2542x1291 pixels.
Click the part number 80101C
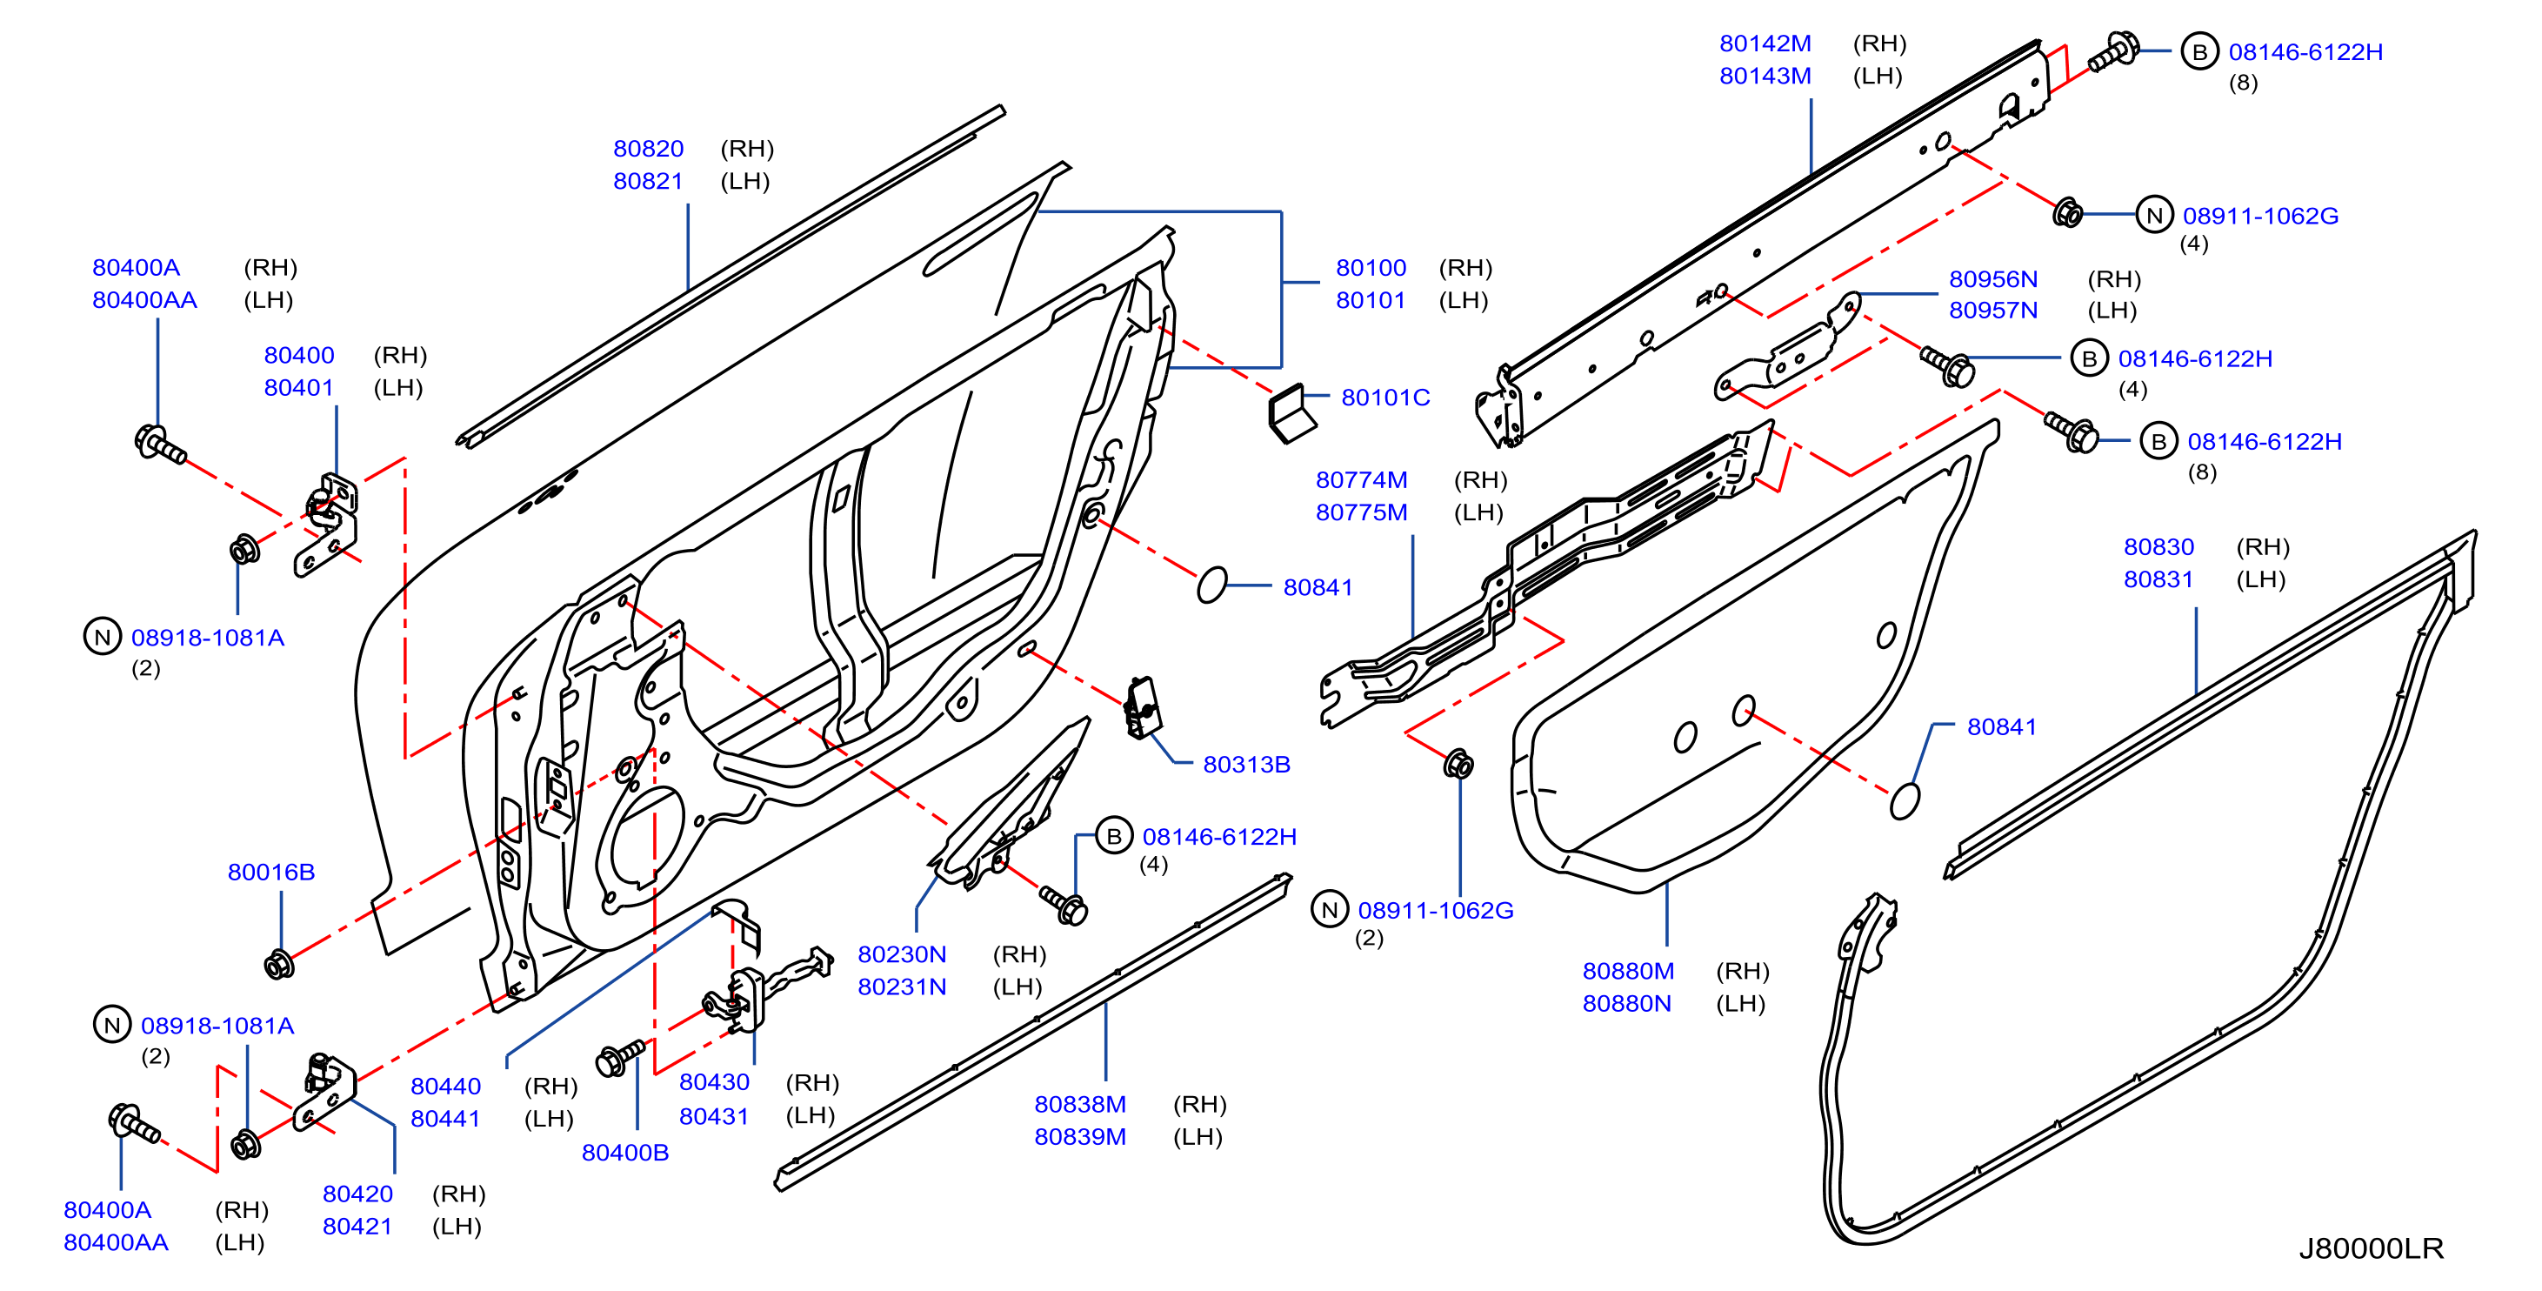tap(1384, 398)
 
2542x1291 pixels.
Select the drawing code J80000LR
tap(2371, 1248)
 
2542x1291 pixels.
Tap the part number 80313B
tap(1246, 765)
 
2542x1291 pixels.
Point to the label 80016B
tap(271, 873)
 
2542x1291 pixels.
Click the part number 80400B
tap(624, 1153)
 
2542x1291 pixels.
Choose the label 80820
tap(649, 149)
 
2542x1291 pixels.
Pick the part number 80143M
tap(1765, 76)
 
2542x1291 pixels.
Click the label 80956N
tap(1992, 279)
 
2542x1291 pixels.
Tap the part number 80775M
tap(1361, 512)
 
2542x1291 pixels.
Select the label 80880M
tap(1628, 971)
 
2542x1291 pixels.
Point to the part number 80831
tap(2158, 579)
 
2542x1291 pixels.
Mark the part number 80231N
tap(902, 987)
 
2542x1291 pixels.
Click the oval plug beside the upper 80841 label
tap(1211, 585)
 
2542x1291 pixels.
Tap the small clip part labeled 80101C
tap(1291, 415)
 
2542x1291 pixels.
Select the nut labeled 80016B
tap(279, 963)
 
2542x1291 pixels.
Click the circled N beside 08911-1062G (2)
tap(1329, 910)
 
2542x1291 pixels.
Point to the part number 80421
tap(357, 1227)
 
